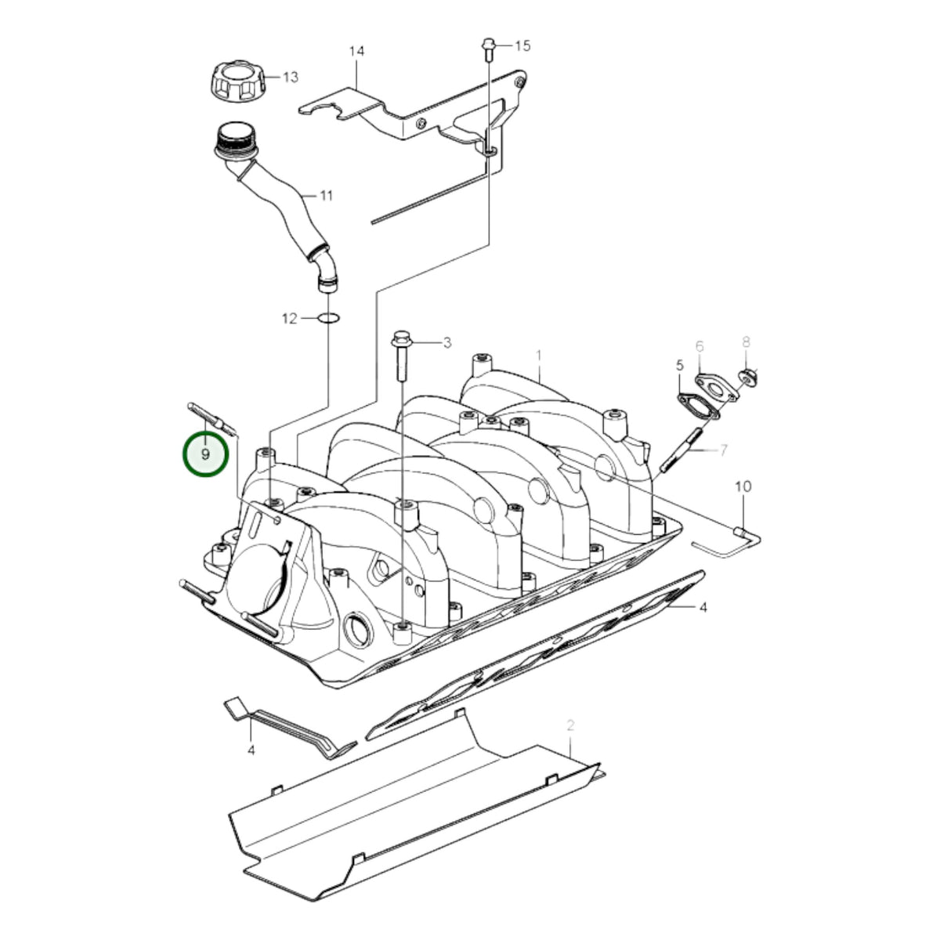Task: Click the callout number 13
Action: tap(291, 77)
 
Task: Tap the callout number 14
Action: tap(356, 51)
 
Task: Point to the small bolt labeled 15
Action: tap(488, 49)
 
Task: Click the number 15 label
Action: tap(522, 46)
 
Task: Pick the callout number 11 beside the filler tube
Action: tap(326, 196)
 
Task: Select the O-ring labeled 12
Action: tap(328, 319)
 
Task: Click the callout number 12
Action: tap(289, 319)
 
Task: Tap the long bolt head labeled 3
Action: tap(400, 338)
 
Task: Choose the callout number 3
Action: tap(447, 343)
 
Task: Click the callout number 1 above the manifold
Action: tap(539, 355)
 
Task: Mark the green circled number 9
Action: tap(205, 454)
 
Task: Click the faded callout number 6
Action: tap(700, 347)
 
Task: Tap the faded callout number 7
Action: tap(724, 450)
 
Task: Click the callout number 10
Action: tap(743, 486)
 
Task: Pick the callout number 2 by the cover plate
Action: tap(571, 725)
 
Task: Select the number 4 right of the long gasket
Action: tap(703, 607)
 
